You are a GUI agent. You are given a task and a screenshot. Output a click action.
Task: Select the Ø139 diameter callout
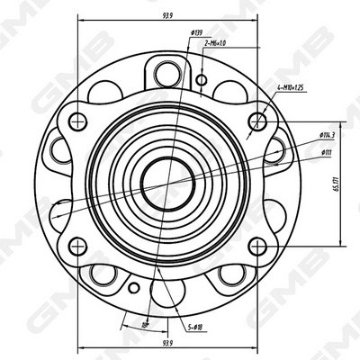click(195, 33)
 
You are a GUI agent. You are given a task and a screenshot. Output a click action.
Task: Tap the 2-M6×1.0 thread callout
click(215, 42)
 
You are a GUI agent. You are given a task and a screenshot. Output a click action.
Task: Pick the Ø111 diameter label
click(325, 152)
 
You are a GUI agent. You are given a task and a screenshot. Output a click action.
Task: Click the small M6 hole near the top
click(202, 78)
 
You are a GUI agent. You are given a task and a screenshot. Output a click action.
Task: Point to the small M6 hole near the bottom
click(134, 288)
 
